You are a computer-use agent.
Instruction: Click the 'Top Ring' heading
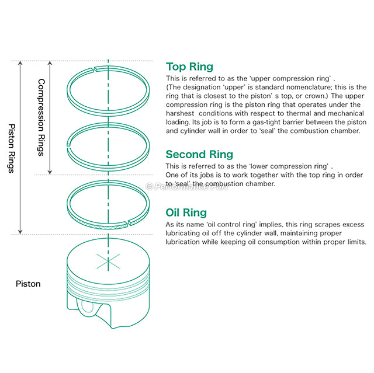pyautogui.click(x=189, y=67)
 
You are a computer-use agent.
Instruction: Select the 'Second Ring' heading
pyautogui.click(x=199, y=154)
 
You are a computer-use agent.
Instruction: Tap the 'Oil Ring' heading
pyautogui.click(x=186, y=212)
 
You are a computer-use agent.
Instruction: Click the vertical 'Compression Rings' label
pyautogui.click(x=41, y=117)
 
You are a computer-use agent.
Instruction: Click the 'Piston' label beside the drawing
pyautogui.click(x=29, y=284)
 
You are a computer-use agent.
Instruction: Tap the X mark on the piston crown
pyautogui.click(x=108, y=261)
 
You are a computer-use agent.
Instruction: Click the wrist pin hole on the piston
pyautogui.click(x=86, y=308)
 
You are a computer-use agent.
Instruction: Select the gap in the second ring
pyautogui.click(x=69, y=142)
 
